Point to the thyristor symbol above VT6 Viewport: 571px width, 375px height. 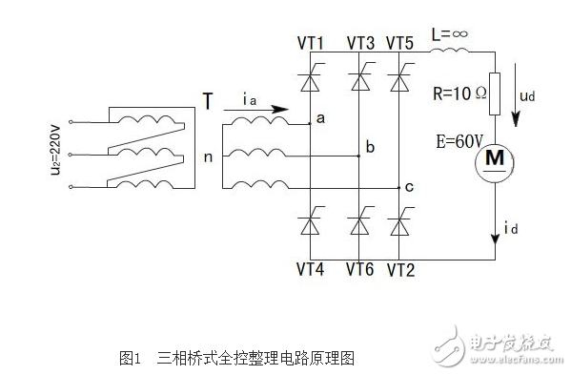coord(359,225)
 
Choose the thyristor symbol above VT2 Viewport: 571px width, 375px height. coord(398,225)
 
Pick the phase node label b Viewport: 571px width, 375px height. coord(370,148)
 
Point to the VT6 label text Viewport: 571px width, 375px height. coord(360,270)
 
